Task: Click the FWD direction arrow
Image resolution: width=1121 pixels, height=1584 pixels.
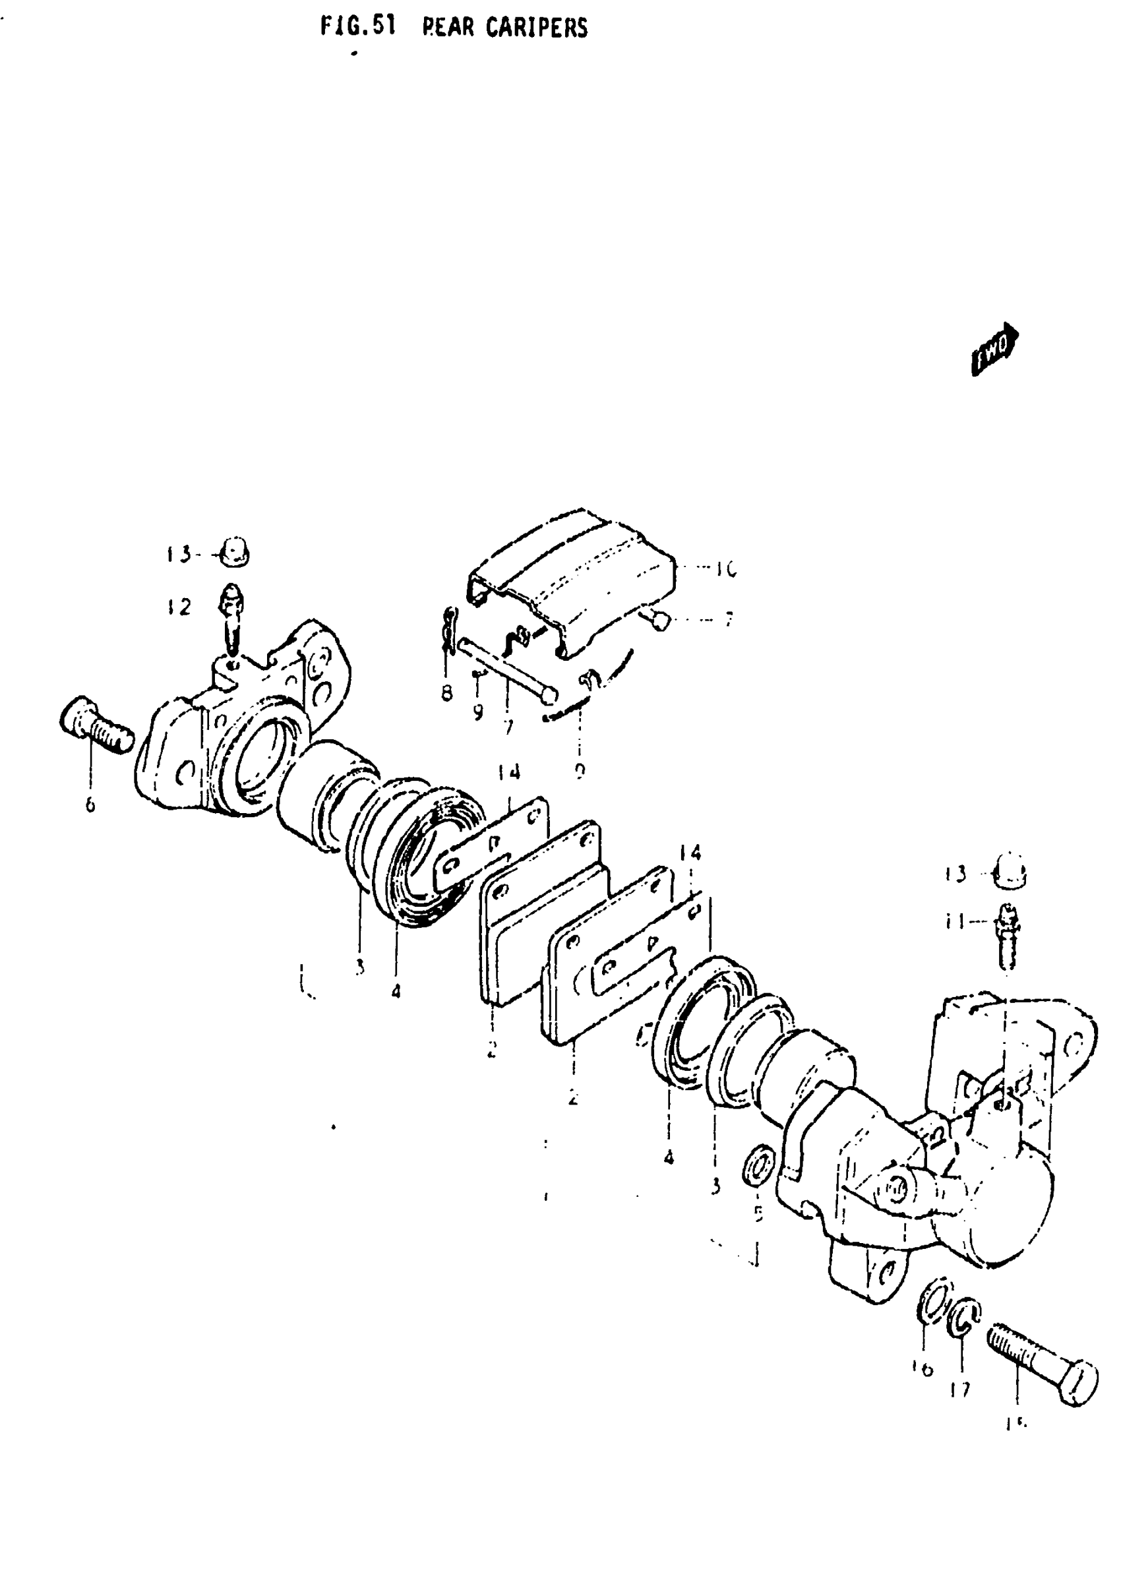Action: tap(995, 350)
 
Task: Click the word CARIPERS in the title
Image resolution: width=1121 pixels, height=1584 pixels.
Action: tap(536, 28)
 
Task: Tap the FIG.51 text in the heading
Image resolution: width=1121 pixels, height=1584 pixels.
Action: tap(358, 27)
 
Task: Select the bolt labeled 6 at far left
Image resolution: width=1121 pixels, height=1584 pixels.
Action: tap(98, 725)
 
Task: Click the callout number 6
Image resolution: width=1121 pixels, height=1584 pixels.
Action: tap(90, 805)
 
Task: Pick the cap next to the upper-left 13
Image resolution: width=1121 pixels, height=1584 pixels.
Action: tap(235, 552)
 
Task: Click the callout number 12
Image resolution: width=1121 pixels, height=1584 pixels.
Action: tap(178, 607)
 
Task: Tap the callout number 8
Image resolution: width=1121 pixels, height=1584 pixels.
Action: tap(447, 693)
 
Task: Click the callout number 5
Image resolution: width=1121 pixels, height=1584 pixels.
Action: tap(758, 1212)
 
